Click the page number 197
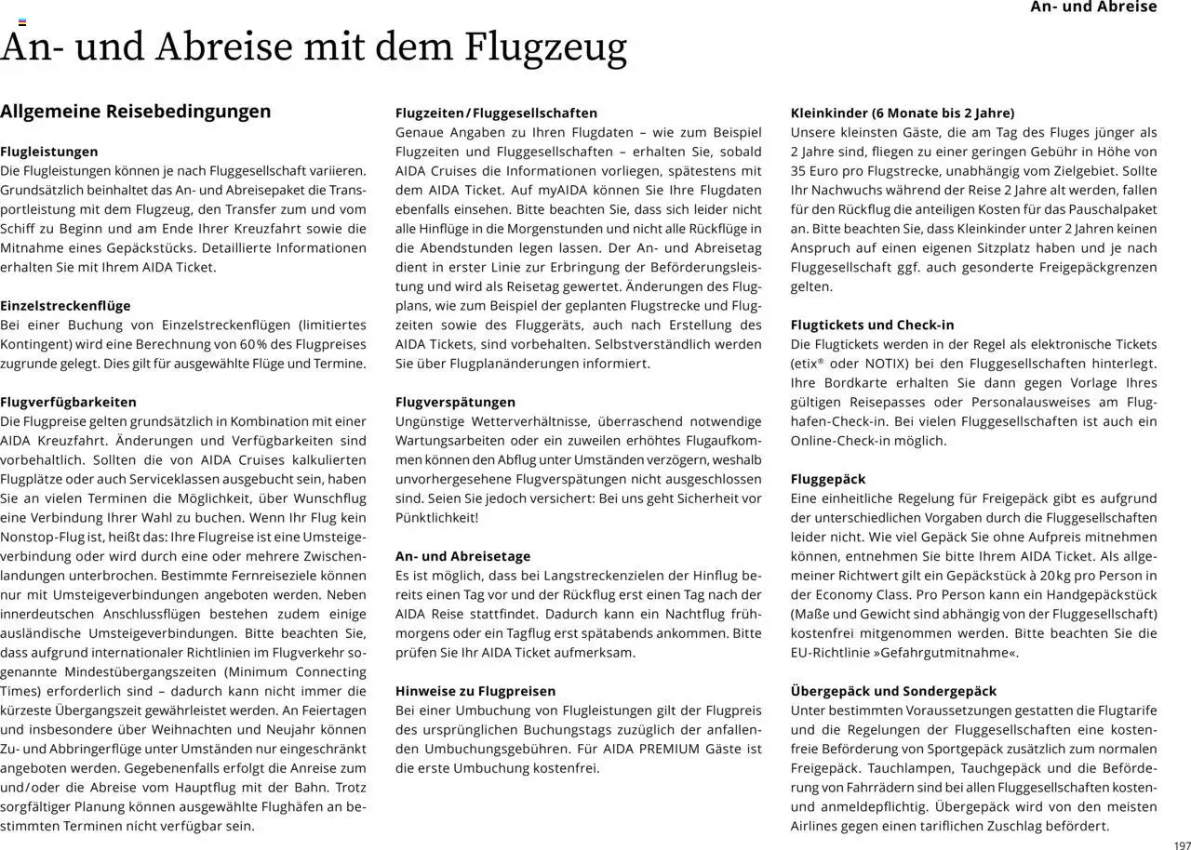click(1182, 844)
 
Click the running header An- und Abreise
click(1093, 7)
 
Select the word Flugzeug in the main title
click(545, 46)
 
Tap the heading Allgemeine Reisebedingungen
click(136, 112)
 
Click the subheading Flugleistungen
click(49, 151)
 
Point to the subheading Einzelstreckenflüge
click(65, 305)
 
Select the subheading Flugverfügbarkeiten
click(68, 402)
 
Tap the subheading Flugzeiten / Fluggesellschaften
click(496, 113)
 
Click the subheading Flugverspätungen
click(455, 402)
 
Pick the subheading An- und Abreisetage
click(462, 556)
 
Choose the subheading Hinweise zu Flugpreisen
click(475, 691)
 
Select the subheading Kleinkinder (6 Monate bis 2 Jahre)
click(903, 113)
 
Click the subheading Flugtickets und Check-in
click(872, 325)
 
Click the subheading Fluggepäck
click(828, 479)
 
